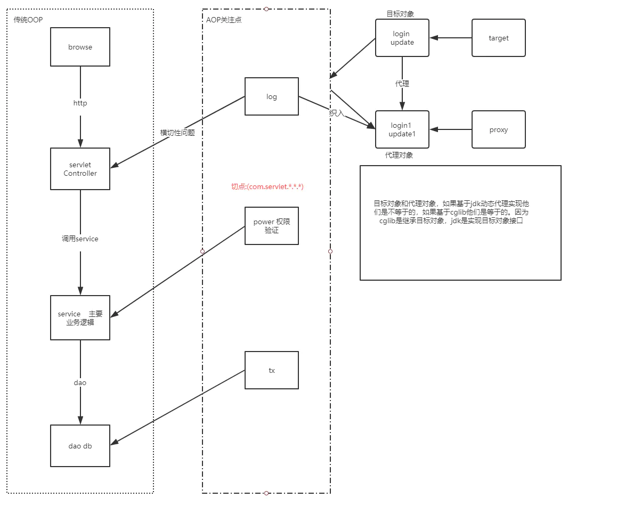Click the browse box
(80, 47)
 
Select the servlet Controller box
(80, 169)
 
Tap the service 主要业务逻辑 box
(80, 318)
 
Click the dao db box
(80, 446)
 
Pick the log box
(272, 96)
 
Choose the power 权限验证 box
(272, 226)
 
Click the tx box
(272, 370)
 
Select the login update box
(402, 38)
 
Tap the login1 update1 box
(402, 129)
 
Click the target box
(498, 38)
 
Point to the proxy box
(498, 129)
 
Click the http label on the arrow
(80, 103)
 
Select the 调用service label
(80, 239)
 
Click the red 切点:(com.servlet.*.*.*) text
(267, 186)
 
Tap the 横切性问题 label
(177, 133)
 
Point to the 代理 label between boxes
(402, 84)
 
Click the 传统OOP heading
(28, 20)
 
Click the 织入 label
(337, 113)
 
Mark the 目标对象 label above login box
(400, 13)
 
